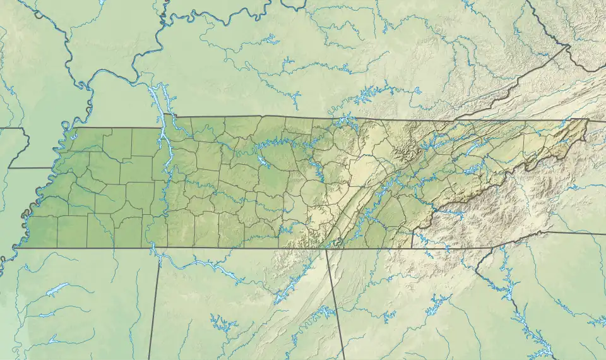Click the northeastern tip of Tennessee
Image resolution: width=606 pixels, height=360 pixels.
pos(587,119)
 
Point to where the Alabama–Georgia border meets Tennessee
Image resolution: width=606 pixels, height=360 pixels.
pos(326,249)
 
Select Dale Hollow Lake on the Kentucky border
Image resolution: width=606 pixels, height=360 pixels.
pos(345,121)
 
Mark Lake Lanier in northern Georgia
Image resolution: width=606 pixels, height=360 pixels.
pos(436,306)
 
